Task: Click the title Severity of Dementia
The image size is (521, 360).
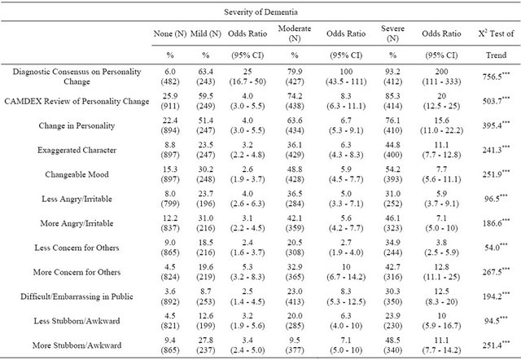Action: click(x=260, y=12)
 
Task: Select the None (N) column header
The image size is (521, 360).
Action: click(x=170, y=33)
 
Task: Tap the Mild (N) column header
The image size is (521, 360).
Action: click(x=206, y=33)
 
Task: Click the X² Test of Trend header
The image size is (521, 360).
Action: click(x=496, y=44)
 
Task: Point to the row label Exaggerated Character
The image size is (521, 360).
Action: click(x=77, y=150)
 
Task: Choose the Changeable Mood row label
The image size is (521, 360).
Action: click(x=77, y=174)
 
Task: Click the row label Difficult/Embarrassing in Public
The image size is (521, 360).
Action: click(x=77, y=296)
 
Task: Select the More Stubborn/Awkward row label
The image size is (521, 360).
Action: click(x=77, y=345)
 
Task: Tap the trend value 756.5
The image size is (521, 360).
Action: click(x=496, y=77)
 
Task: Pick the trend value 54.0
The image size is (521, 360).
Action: click(x=496, y=248)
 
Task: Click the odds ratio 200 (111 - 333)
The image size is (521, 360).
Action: click(x=441, y=77)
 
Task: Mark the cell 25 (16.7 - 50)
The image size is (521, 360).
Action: click(x=247, y=77)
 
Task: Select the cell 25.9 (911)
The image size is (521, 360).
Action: click(x=170, y=101)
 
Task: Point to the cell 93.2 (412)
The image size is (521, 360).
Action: click(x=392, y=77)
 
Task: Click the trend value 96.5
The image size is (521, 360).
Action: click(x=496, y=199)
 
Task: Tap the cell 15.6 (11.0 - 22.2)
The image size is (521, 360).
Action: click(x=441, y=125)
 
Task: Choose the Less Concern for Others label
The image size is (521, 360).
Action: click(x=77, y=248)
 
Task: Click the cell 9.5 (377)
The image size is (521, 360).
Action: click(x=295, y=345)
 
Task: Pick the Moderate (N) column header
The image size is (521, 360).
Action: click(x=295, y=33)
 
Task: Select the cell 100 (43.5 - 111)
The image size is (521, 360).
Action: click(x=346, y=77)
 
